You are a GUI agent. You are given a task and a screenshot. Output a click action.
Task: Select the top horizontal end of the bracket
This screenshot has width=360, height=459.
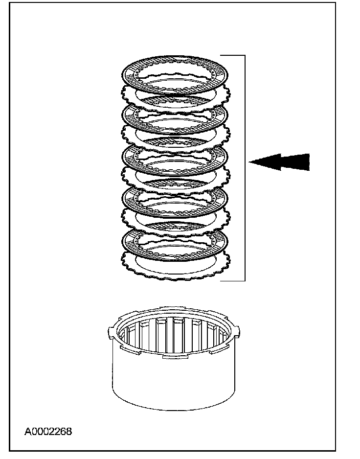[232, 56]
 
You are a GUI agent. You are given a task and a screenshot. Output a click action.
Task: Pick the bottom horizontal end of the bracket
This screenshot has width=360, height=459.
[232, 281]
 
